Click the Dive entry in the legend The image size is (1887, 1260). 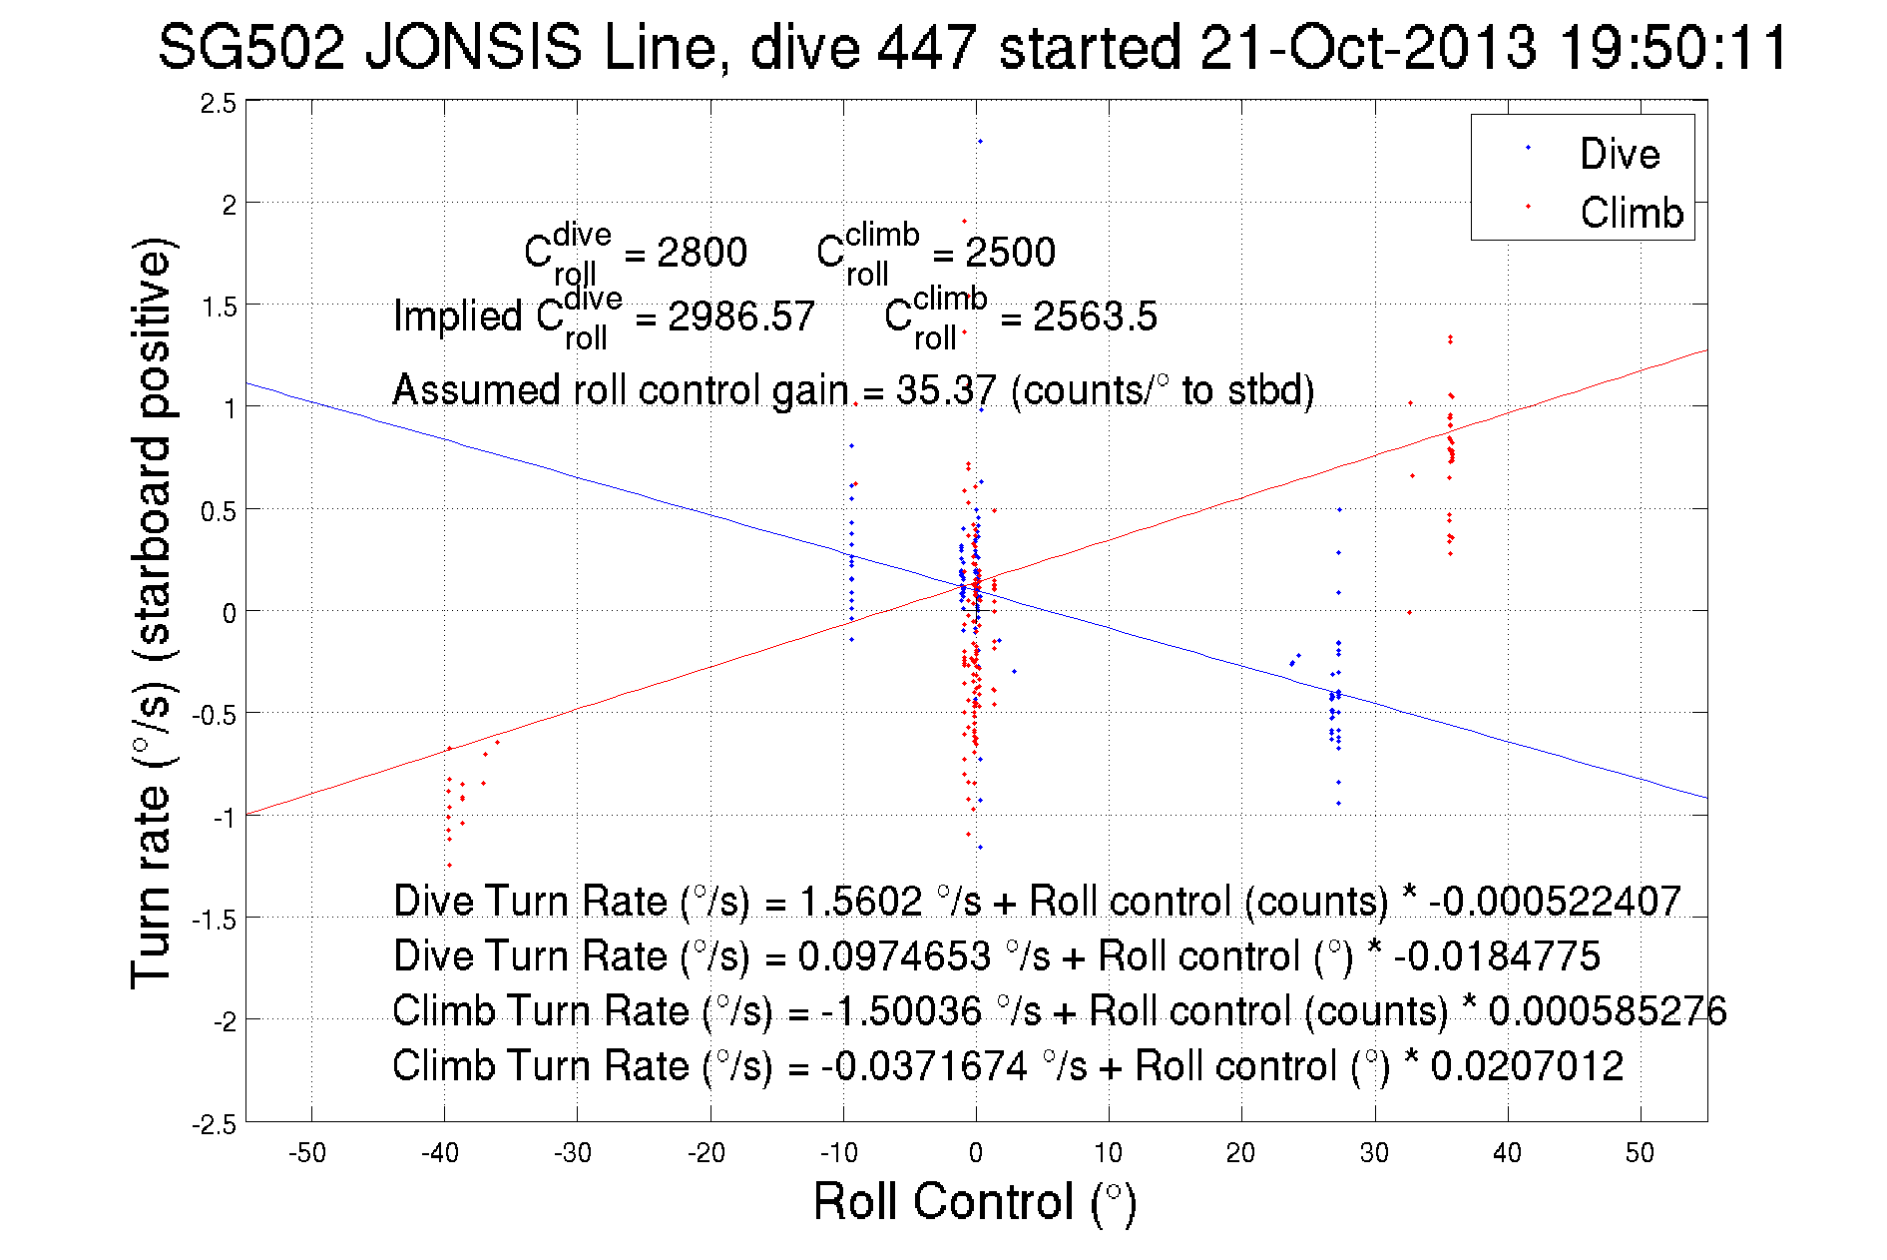[1619, 154]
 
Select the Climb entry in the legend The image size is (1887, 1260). [1631, 213]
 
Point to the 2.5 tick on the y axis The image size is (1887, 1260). [219, 104]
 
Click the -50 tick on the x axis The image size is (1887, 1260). [307, 1153]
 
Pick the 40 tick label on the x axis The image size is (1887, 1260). [1507, 1153]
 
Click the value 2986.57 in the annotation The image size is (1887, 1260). [740, 316]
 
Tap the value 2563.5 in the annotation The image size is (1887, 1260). [1095, 316]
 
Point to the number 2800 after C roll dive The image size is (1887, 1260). [702, 253]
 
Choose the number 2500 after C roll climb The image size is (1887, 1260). [1010, 253]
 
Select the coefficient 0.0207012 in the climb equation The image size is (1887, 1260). [1527, 1066]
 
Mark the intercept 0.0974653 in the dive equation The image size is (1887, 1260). [894, 956]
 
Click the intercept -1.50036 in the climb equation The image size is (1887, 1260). [901, 1011]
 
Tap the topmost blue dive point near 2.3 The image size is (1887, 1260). [980, 142]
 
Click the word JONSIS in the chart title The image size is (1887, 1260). [473, 48]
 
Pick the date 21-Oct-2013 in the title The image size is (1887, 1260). [1367, 48]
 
